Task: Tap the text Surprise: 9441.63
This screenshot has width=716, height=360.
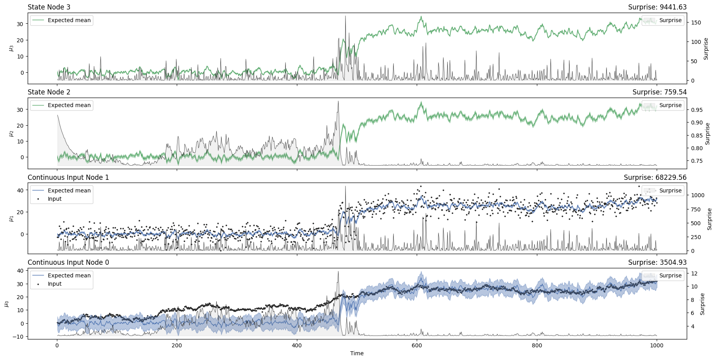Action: click(x=657, y=7)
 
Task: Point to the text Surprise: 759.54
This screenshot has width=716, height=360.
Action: click(x=659, y=92)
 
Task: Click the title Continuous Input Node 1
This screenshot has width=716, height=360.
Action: click(x=68, y=177)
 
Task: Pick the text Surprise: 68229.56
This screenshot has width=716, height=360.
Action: click(x=655, y=177)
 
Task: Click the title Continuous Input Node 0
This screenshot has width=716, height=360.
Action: click(x=68, y=262)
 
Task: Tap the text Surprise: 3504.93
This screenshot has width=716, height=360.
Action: click(x=657, y=262)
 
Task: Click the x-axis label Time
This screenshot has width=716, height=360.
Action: click(x=357, y=353)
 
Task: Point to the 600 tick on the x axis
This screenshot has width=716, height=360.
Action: click(x=417, y=345)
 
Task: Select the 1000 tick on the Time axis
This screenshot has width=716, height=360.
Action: click(x=657, y=345)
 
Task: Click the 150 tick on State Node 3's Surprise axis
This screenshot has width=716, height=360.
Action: click(x=696, y=23)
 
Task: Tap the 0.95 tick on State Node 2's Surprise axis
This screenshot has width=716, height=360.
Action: click(x=697, y=110)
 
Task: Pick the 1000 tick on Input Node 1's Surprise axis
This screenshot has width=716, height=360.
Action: click(x=697, y=195)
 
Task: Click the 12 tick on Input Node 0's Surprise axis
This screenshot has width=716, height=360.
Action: click(x=694, y=273)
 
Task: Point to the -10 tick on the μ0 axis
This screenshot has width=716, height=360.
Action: click(x=19, y=337)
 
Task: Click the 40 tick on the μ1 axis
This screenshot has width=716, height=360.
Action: click(x=21, y=190)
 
